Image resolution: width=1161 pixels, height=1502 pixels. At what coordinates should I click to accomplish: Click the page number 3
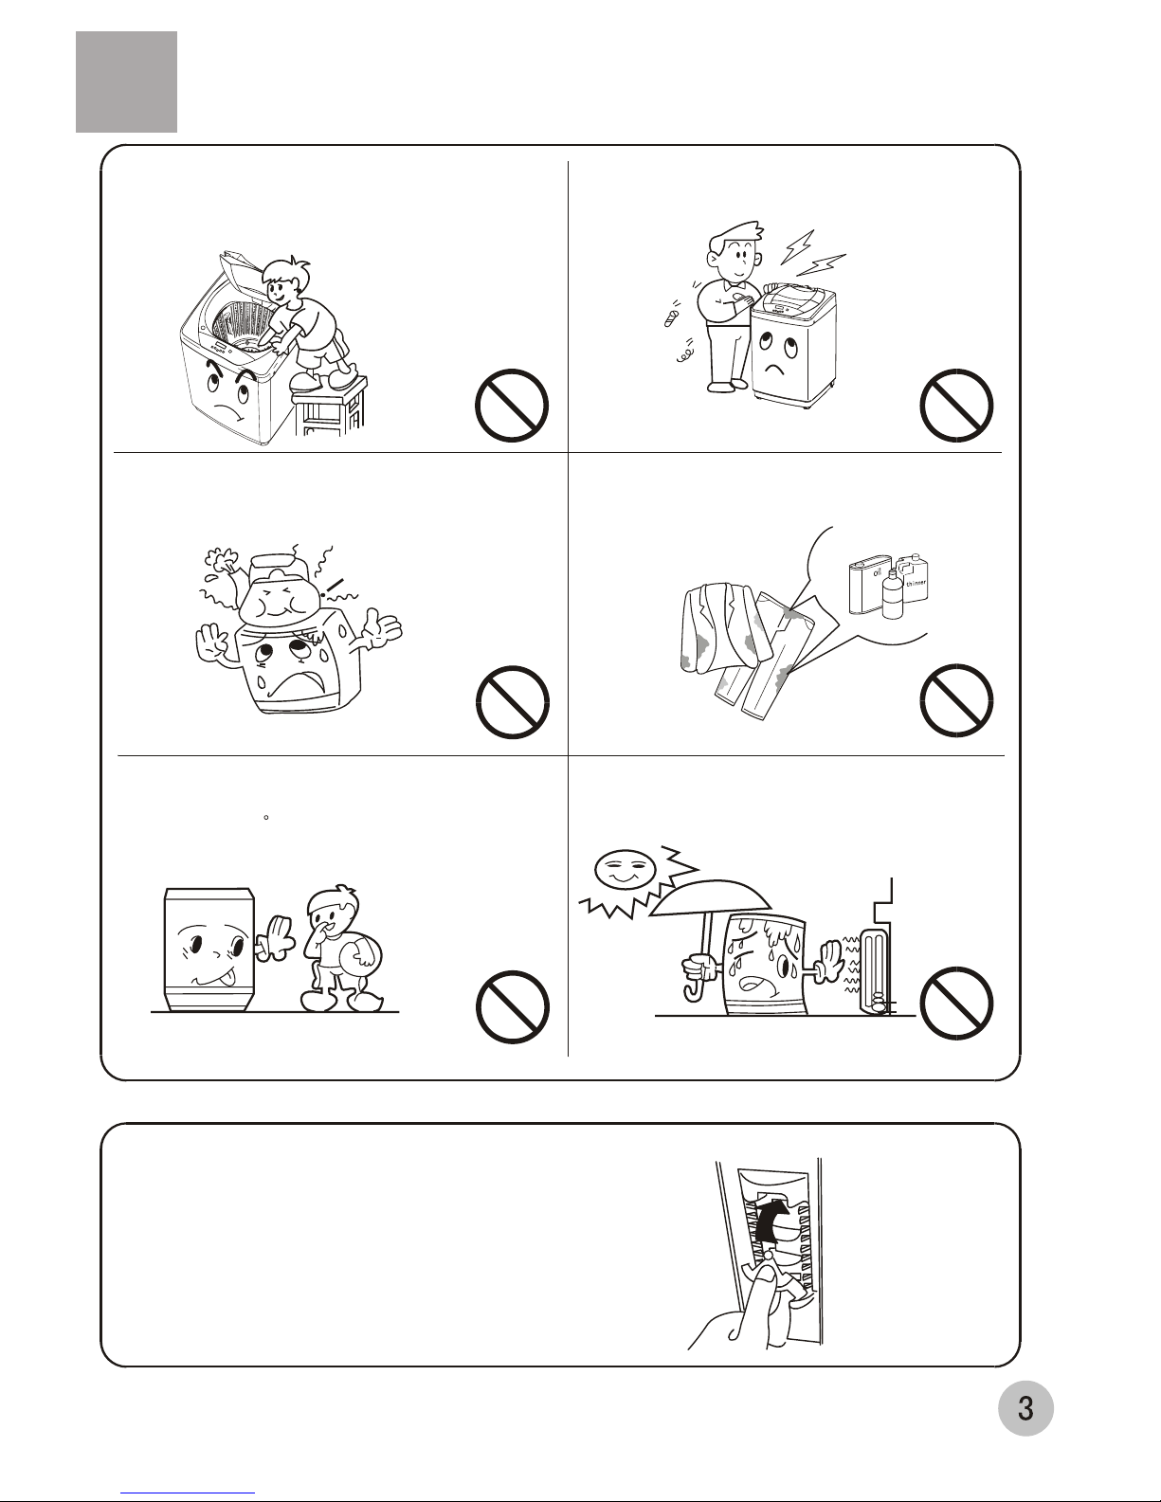tap(1025, 1408)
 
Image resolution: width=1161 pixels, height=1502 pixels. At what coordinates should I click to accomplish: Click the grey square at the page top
tap(126, 81)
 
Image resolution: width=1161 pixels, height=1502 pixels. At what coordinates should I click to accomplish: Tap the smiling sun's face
tap(625, 872)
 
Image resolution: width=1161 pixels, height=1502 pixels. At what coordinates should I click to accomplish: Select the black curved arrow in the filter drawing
tap(771, 1220)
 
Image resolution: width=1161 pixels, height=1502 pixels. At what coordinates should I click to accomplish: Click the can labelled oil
tap(869, 583)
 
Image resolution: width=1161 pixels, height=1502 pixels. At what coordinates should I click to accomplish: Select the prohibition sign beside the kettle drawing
tap(512, 702)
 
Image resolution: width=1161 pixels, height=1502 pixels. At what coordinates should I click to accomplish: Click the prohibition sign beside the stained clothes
tap(956, 700)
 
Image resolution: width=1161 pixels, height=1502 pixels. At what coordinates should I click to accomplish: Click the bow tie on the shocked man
tap(733, 283)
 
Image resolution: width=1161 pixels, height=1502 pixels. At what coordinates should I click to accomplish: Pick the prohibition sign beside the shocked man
tap(956, 405)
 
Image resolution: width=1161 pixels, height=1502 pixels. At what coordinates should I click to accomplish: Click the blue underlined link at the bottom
tap(188, 1493)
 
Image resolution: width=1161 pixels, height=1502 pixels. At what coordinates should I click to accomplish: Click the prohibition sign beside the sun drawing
tap(956, 1003)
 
